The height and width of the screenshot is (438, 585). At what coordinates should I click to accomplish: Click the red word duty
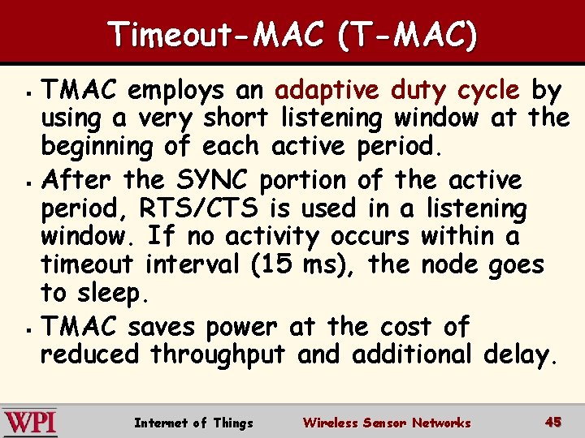coord(431,88)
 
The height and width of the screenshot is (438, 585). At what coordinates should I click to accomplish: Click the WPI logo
coord(29,422)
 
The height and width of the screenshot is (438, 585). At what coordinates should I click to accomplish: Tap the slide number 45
coord(553,422)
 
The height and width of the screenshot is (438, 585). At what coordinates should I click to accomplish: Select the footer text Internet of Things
coord(193,423)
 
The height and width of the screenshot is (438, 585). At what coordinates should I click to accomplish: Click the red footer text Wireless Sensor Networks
coord(386,423)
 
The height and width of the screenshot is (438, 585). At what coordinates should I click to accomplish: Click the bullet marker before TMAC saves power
coord(28,328)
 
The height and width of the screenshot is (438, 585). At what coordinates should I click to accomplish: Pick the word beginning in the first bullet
coord(96,148)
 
